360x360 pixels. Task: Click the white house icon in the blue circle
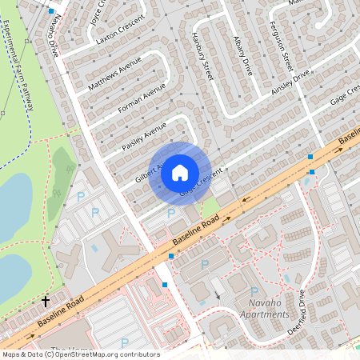pyautogui.click(x=180, y=171)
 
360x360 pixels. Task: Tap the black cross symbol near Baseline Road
pyautogui.click(x=46, y=302)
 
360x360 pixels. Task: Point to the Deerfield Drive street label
pyautogui.click(x=302, y=305)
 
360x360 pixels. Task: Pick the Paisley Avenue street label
pyautogui.click(x=144, y=137)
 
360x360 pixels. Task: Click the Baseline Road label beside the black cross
pyautogui.click(x=60, y=314)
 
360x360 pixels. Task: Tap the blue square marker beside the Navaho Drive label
pyautogui.click(x=52, y=12)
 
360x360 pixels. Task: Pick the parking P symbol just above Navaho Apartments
pyautogui.click(x=254, y=291)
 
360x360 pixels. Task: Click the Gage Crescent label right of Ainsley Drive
pyautogui.click(x=342, y=98)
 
